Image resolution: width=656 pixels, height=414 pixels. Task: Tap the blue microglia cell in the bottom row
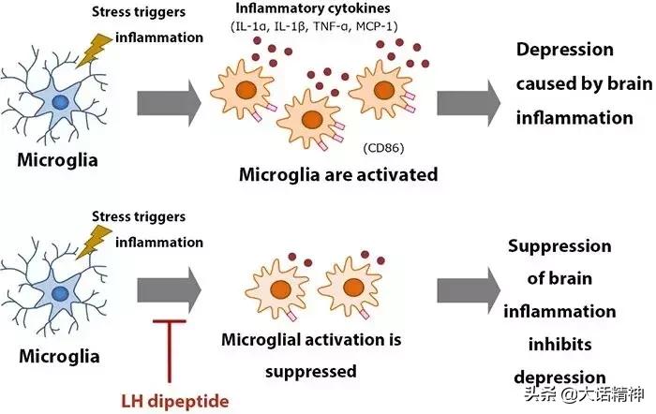tap(58, 294)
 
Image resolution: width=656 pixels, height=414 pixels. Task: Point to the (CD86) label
tap(380, 148)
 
